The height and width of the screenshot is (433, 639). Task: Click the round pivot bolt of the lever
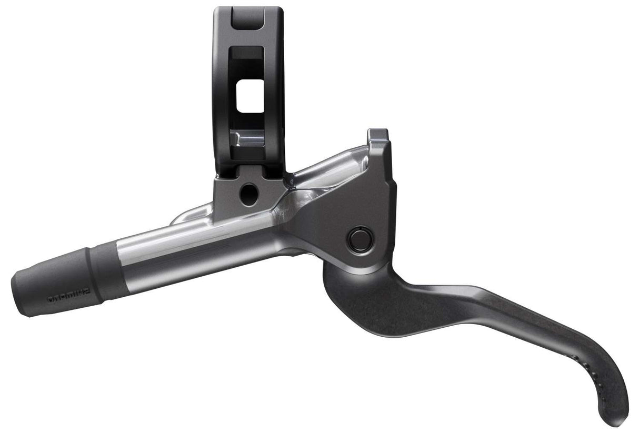360,239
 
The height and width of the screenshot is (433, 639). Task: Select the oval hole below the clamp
245,193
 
